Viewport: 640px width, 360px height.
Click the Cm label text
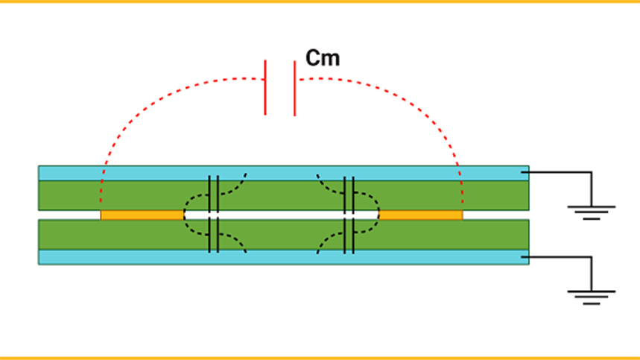[x=323, y=58]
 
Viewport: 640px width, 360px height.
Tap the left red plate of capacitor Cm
[x=265, y=88]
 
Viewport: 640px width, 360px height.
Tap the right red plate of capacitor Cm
[x=294, y=88]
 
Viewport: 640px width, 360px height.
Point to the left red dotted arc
[x=142, y=112]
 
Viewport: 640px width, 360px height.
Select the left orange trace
[x=142, y=215]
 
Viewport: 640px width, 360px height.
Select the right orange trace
[x=421, y=215]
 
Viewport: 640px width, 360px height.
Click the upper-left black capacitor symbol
[x=213, y=193]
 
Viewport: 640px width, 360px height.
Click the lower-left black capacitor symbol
[x=213, y=235]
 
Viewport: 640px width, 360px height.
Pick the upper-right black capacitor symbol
[x=348, y=193]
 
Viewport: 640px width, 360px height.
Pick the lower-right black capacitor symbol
[x=348, y=235]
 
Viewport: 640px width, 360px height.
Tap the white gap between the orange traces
[x=283, y=215]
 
